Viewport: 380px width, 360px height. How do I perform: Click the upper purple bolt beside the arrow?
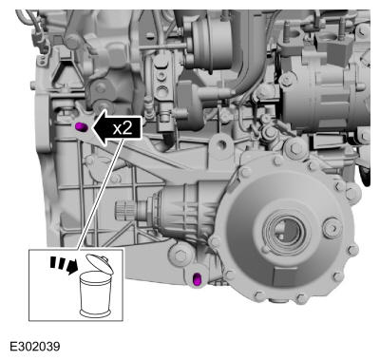[x=81, y=127]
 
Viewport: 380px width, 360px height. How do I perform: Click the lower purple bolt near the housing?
[x=197, y=280]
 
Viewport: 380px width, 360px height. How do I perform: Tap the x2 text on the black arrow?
[x=123, y=128]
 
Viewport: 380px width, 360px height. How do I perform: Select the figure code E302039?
[x=35, y=347]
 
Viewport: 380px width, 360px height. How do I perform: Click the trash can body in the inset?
[x=95, y=294]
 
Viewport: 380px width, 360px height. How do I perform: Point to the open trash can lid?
[x=100, y=263]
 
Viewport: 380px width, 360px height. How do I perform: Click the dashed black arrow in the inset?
[x=64, y=265]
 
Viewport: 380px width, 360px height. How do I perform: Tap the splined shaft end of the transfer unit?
[x=125, y=210]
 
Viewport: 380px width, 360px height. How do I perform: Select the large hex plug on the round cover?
[x=332, y=227]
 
